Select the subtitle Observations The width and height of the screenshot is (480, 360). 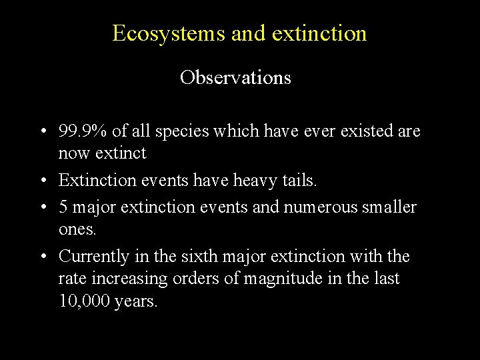coord(235,78)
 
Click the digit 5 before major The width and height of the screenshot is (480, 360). coord(63,207)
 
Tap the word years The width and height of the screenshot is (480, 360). coord(137,302)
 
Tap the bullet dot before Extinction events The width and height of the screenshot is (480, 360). coord(42,181)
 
